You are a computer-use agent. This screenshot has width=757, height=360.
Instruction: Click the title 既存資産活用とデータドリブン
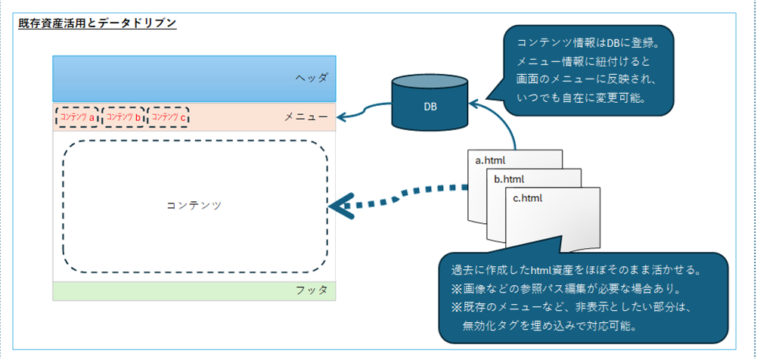97,23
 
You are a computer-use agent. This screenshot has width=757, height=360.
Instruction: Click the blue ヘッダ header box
194,78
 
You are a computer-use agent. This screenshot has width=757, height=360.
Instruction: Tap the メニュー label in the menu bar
306,116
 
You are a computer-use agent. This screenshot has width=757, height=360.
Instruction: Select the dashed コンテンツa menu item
77,117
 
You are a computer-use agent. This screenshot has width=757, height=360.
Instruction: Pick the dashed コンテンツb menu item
123,117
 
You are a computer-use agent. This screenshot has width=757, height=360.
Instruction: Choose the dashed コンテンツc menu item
169,117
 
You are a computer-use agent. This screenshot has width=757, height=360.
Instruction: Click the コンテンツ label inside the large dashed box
194,205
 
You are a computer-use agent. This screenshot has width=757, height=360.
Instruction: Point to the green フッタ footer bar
194,291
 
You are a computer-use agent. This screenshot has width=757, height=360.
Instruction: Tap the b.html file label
509,179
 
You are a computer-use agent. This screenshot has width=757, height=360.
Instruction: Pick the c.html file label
528,198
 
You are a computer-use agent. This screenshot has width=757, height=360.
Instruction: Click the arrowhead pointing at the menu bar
341,117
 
